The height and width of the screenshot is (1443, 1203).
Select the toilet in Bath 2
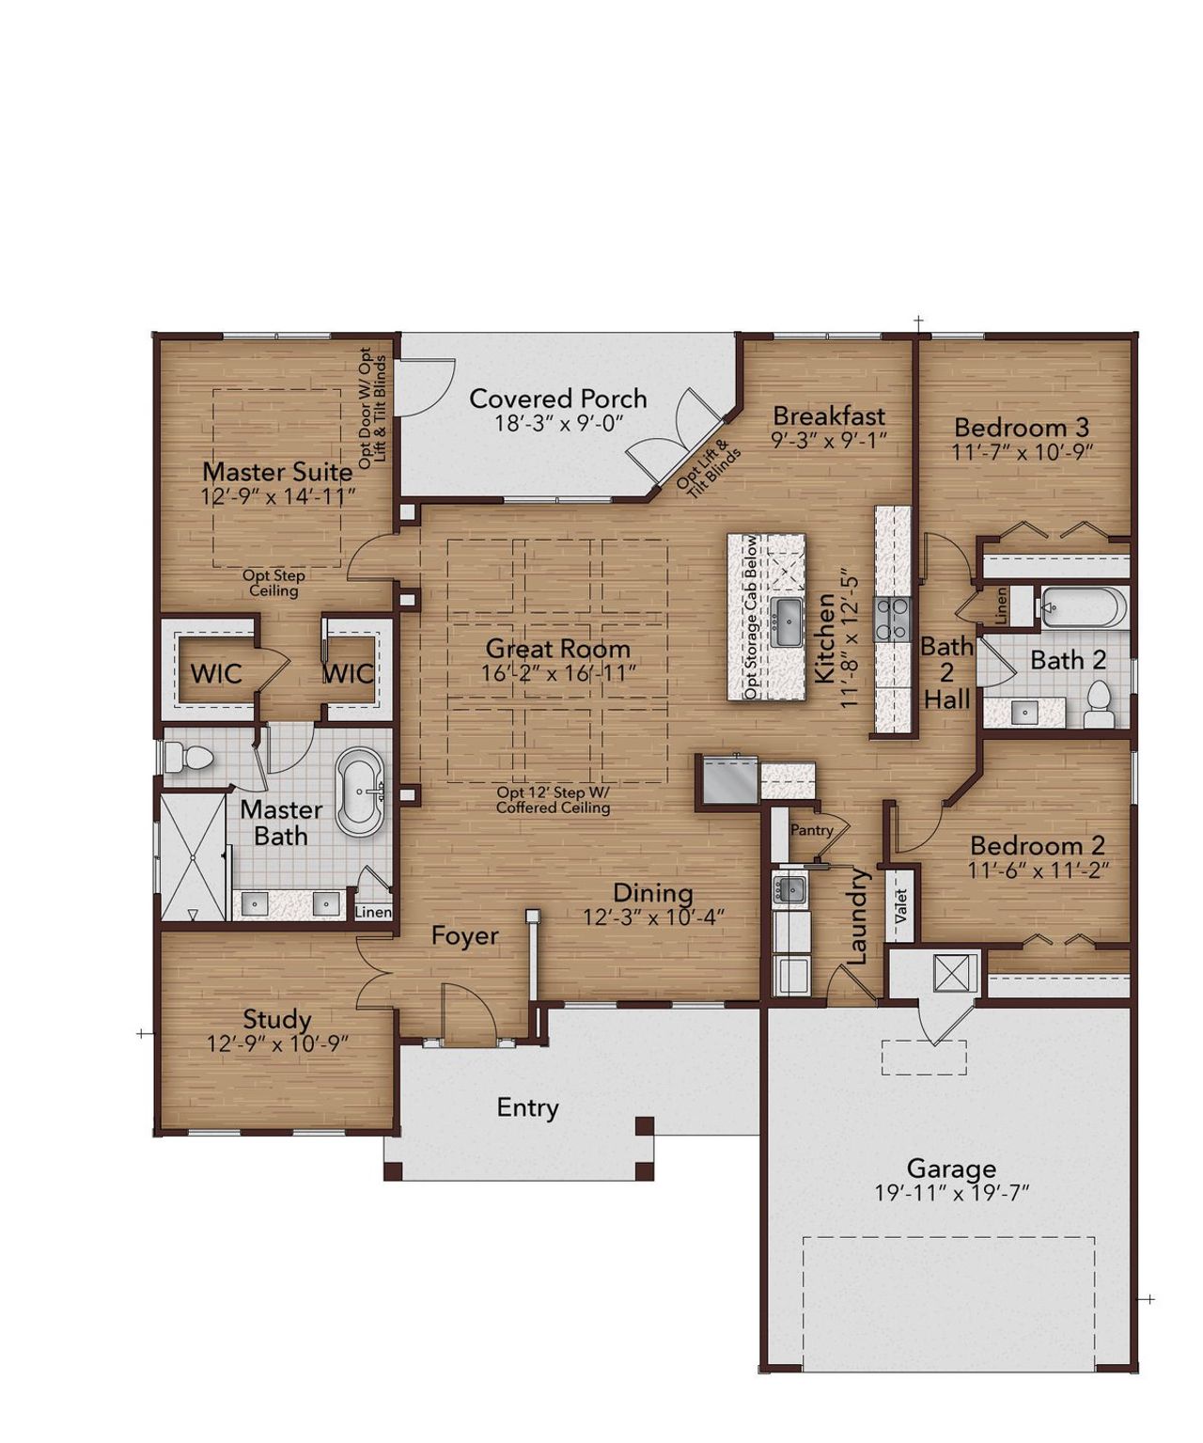(x=1098, y=703)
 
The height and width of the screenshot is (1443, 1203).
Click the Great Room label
(x=557, y=649)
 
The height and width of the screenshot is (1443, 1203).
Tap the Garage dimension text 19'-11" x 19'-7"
(x=952, y=1193)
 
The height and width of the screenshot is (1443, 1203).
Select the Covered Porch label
(x=558, y=399)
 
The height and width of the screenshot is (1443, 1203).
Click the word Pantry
(x=811, y=830)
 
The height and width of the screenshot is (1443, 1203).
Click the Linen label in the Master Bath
(x=373, y=913)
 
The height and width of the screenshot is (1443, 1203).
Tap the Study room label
(x=277, y=1019)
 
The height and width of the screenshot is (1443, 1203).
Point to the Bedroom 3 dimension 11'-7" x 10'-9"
(x=1022, y=451)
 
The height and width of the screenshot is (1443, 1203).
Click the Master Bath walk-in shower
(x=193, y=856)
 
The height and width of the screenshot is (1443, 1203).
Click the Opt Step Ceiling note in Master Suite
(x=273, y=584)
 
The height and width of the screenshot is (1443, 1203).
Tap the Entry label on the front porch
(x=527, y=1108)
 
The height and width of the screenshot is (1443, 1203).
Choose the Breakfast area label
(x=829, y=416)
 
